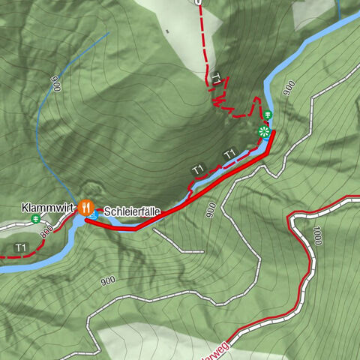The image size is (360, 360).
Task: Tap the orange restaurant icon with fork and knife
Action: pyautogui.click(x=86, y=205)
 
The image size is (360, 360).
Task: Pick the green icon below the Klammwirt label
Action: pyautogui.click(x=36, y=219)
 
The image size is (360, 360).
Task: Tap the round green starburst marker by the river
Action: pyautogui.click(x=263, y=132)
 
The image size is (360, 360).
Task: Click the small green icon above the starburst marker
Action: pyautogui.click(x=266, y=114)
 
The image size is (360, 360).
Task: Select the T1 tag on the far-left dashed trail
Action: pyautogui.click(x=19, y=247)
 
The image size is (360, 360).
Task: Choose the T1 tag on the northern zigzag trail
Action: pyautogui.click(x=217, y=78)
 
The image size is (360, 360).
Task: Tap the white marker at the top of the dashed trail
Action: pyautogui.click(x=198, y=2)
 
